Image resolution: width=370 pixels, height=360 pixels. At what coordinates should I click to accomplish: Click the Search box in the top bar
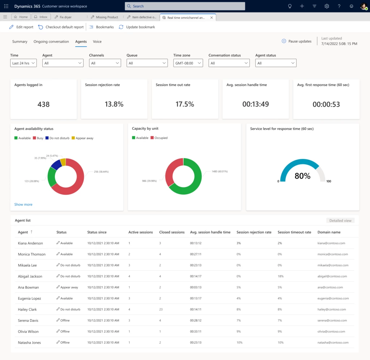(x=185, y=6)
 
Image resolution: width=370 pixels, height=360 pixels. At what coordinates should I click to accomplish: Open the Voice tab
(x=97, y=42)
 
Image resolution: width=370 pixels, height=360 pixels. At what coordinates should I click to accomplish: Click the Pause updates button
(x=297, y=41)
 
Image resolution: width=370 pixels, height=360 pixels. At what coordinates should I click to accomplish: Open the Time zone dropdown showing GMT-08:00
(x=188, y=63)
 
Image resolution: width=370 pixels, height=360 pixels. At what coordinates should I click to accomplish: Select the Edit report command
(x=21, y=27)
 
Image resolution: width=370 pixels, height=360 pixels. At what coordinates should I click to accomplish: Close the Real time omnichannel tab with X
(x=212, y=17)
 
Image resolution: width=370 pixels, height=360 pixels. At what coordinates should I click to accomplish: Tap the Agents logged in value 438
(x=43, y=104)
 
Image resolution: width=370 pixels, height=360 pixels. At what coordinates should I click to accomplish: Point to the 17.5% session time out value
(x=185, y=104)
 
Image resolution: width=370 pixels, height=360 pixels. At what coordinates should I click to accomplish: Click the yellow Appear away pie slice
(x=63, y=162)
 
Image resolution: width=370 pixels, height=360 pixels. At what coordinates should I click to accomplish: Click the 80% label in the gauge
(x=302, y=176)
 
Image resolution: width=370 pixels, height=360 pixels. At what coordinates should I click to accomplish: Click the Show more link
(x=23, y=204)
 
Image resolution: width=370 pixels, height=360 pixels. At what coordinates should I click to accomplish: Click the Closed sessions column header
(x=172, y=232)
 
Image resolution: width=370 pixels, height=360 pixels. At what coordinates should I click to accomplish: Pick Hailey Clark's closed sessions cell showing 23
(x=161, y=309)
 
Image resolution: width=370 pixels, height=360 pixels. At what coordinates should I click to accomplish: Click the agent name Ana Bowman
(x=28, y=287)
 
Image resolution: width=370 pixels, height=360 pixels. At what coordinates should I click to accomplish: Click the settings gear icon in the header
(x=327, y=6)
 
